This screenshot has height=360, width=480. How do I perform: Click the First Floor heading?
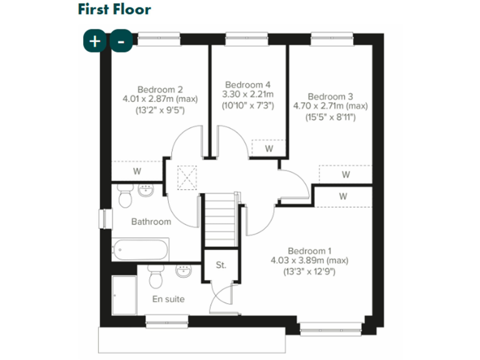coord(114,9)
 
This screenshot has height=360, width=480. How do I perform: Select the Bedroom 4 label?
coord(247,84)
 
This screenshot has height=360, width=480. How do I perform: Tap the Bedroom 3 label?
coord(330,96)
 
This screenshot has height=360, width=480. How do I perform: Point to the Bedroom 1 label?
coord(309,250)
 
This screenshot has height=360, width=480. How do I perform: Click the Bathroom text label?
coord(151,221)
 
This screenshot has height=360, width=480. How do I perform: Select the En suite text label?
coord(169,299)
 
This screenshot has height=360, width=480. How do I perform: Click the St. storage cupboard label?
coord(221,264)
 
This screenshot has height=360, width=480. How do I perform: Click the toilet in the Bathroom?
coord(124,197)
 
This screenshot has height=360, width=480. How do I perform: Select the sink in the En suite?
coord(184,272)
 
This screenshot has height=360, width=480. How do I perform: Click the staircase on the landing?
coord(219,221)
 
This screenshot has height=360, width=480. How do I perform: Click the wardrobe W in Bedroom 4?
coord(269,149)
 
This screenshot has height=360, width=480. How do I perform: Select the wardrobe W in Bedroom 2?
coord(137,171)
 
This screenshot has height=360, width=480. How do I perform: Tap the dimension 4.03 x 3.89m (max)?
coord(309,261)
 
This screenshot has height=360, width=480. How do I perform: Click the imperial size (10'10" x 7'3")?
coord(247,106)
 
